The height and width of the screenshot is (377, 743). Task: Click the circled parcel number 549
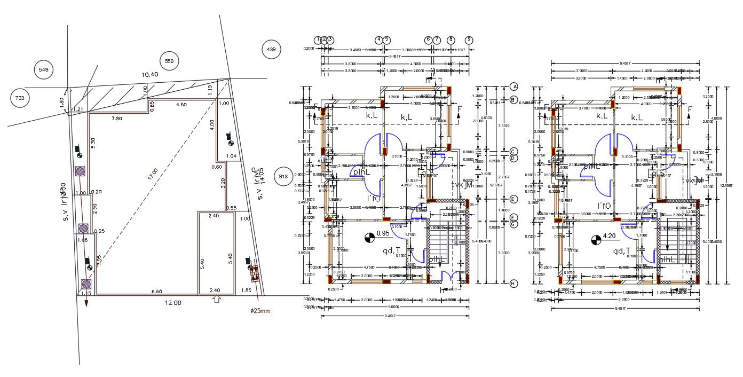pyautogui.click(x=44, y=69)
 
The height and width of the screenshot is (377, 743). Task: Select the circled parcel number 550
pyautogui.click(x=169, y=61)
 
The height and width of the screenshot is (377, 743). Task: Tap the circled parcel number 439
pyautogui.click(x=271, y=50)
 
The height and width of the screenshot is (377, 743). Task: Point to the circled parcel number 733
pyautogui.click(x=20, y=98)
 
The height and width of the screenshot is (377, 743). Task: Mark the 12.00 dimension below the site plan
pyautogui.click(x=172, y=303)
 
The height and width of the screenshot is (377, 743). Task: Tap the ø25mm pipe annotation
pyautogui.click(x=260, y=310)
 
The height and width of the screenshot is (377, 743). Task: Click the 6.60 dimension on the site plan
pyautogui.click(x=157, y=291)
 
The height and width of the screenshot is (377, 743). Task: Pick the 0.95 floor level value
pyautogui.click(x=383, y=233)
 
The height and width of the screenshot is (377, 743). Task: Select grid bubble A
pyautogui.click(x=514, y=87)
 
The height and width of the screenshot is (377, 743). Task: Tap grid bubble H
pyautogui.click(x=514, y=284)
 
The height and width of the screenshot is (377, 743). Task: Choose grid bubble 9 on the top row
pyautogui.click(x=469, y=40)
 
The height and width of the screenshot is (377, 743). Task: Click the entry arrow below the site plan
pyautogui.click(x=216, y=300)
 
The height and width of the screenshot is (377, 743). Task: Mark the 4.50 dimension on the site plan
pyautogui.click(x=181, y=105)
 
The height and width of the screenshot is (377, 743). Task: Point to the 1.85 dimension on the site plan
pyautogui.click(x=246, y=290)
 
